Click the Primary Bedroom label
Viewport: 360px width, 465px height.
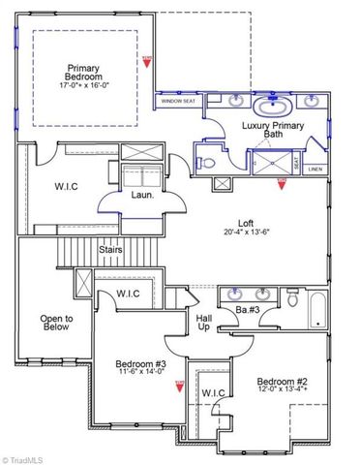[83, 72]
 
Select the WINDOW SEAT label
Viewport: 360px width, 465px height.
[177, 100]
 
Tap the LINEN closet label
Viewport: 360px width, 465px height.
[315, 170]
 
